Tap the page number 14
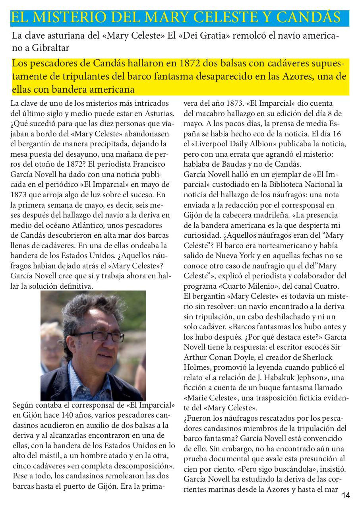pos(346,495)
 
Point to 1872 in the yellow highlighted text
pos(192,64)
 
